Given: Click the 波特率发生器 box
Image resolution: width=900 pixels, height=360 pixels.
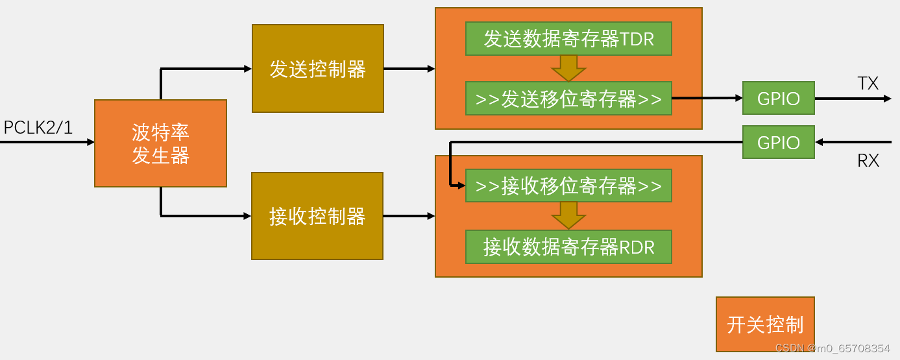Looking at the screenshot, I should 160,143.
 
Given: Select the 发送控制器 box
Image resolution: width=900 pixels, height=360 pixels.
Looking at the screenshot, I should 317,69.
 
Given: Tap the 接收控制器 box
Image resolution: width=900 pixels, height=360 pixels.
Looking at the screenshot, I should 317,216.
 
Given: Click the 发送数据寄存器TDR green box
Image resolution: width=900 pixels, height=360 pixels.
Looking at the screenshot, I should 568,39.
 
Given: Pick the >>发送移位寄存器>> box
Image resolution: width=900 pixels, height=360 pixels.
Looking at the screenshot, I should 568,99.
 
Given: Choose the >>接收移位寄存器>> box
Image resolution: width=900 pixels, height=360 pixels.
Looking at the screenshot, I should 568,186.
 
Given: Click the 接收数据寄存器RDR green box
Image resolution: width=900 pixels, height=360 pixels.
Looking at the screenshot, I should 568,246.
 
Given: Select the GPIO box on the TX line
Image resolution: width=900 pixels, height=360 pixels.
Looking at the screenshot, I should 778,99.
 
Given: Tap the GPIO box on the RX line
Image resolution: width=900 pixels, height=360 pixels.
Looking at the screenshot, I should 778,142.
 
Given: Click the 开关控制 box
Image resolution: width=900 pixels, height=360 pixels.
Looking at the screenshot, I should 765,324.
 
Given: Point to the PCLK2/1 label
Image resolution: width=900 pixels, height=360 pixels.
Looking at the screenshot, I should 38,128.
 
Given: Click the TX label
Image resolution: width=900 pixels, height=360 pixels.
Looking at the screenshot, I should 868,83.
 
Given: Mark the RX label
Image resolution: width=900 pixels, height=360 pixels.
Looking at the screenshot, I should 868,160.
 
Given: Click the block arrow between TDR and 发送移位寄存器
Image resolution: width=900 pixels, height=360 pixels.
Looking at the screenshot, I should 568,68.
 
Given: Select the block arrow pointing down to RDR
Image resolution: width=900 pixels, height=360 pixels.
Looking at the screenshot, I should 568,215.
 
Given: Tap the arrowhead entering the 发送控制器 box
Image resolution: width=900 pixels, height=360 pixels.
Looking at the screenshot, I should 247,69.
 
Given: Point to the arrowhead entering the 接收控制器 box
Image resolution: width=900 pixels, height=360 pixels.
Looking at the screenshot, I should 247,216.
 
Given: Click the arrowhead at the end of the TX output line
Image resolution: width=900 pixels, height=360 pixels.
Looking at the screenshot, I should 887,99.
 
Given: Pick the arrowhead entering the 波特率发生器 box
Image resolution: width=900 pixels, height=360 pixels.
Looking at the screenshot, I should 90,142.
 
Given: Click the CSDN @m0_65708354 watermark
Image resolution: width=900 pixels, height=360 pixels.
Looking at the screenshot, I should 833,348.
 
